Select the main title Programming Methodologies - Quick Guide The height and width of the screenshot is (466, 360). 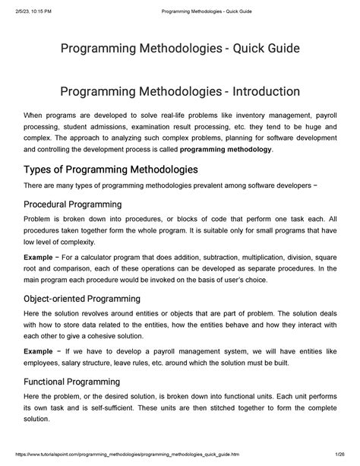click(x=179, y=49)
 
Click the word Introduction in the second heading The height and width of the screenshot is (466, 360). click(x=257, y=92)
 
